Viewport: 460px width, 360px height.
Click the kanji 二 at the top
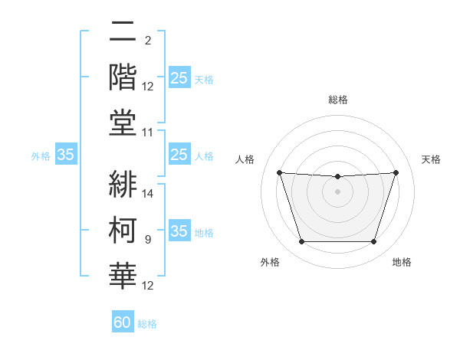[x=123, y=33]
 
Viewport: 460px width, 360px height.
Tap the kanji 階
[x=123, y=77]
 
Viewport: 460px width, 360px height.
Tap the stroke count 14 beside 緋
[x=148, y=194]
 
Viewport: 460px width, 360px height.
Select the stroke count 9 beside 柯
[x=147, y=240]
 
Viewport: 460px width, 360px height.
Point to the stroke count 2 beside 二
[x=147, y=41]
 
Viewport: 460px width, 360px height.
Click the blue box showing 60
[x=123, y=322]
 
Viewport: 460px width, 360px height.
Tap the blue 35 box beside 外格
[x=66, y=155]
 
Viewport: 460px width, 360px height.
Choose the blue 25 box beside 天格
[x=179, y=78]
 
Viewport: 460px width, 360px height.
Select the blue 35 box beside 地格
[x=179, y=231]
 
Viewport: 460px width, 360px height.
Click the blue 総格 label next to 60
[x=147, y=324]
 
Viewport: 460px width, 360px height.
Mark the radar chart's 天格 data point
[x=396, y=172]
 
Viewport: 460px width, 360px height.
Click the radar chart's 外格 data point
[x=301, y=242]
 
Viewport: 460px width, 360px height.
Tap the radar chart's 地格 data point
[x=373, y=242]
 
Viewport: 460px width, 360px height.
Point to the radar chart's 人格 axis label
[x=245, y=159]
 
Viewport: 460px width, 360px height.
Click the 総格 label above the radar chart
[x=337, y=100]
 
